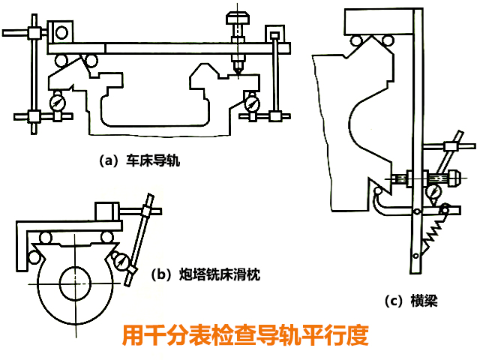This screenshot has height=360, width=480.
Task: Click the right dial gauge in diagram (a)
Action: click(x=253, y=100)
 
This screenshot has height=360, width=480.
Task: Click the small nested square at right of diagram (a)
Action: click(x=275, y=34)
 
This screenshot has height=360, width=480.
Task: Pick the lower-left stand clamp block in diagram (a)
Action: click(x=33, y=117)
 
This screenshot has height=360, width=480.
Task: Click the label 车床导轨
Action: click(x=149, y=160)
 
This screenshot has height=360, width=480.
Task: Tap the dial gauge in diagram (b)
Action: click(x=120, y=260)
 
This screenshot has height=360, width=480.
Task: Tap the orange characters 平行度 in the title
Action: click(x=340, y=334)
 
